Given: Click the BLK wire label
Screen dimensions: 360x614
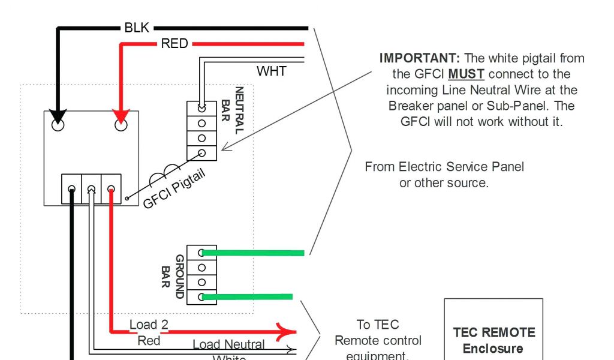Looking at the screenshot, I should pos(136,28).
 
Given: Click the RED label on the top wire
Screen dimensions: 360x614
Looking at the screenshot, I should pos(174,44).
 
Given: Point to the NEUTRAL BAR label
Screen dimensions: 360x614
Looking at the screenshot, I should pos(233,111).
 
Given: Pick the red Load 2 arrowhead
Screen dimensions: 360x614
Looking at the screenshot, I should pos(286,331).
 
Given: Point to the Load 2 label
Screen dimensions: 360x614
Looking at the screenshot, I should pos(149,325).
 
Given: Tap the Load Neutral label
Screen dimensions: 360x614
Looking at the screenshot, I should pos(228,344).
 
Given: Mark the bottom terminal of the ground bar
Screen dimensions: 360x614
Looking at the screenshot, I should pos(202,296).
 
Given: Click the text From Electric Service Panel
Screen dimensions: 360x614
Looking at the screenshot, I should pos(444,167).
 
